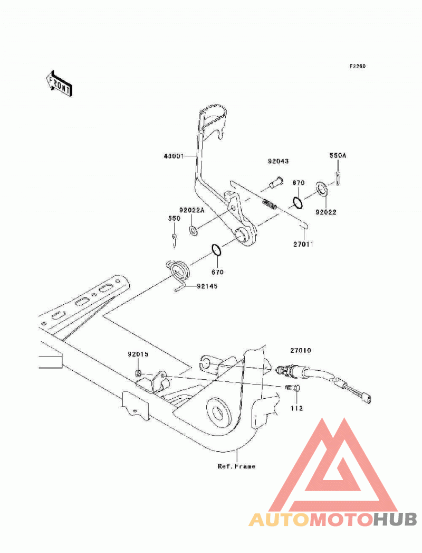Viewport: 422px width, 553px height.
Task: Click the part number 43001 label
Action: pos(174,155)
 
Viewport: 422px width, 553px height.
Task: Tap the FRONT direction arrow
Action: pos(59,84)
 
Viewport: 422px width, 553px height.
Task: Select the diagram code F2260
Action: pos(357,66)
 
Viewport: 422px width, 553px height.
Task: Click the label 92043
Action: pos(279,161)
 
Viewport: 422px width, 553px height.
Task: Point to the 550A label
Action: pos(338,155)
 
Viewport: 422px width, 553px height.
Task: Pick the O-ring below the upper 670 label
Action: pos(298,203)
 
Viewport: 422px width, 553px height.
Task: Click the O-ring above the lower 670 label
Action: pos(216,250)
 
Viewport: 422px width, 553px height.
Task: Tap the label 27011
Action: pos(303,243)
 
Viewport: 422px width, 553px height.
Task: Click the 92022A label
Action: pos(191,210)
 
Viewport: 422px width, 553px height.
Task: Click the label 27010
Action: pos(301,351)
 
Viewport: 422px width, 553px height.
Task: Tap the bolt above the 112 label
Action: pos(292,388)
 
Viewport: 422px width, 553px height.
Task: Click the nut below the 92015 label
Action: pos(139,373)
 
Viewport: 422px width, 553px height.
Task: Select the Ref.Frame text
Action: pos(236,466)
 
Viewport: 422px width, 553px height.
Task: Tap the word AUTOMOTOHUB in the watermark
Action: pos(333,520)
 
